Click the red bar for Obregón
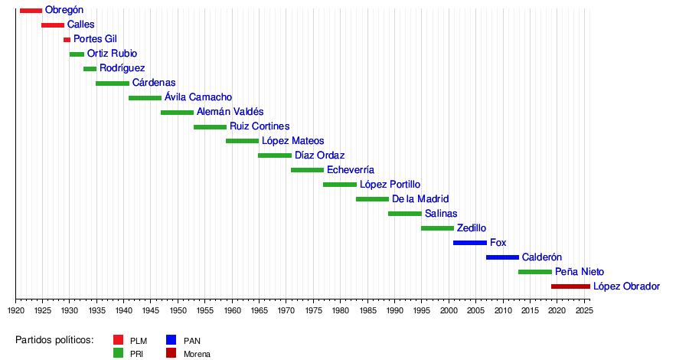(x=31, y=10)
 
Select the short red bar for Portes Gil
(x=67, y=39)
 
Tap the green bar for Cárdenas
(x=113, y=83)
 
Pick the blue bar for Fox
(x=469, y=243)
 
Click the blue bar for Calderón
(x=502, y=257)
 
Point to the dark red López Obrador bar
(x=570, y=286)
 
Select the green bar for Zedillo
(x=437, y=228)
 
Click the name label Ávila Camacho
(x=198, y=97)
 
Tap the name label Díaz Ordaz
(x=319, y=155)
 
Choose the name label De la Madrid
(x=420, y=199)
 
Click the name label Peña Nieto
(x=580, y=272)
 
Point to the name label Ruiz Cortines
(x=260, y=126)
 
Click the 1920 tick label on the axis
(x=16, y=311)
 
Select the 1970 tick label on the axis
(x=286, y=311)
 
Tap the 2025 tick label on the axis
(x=583, y=311)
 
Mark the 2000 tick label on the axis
(x=449, y=311)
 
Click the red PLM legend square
(x=118, y=340)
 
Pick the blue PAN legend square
(x=171, y=340)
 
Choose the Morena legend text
(x=197, y=354)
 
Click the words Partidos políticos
(x=54, y=340)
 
